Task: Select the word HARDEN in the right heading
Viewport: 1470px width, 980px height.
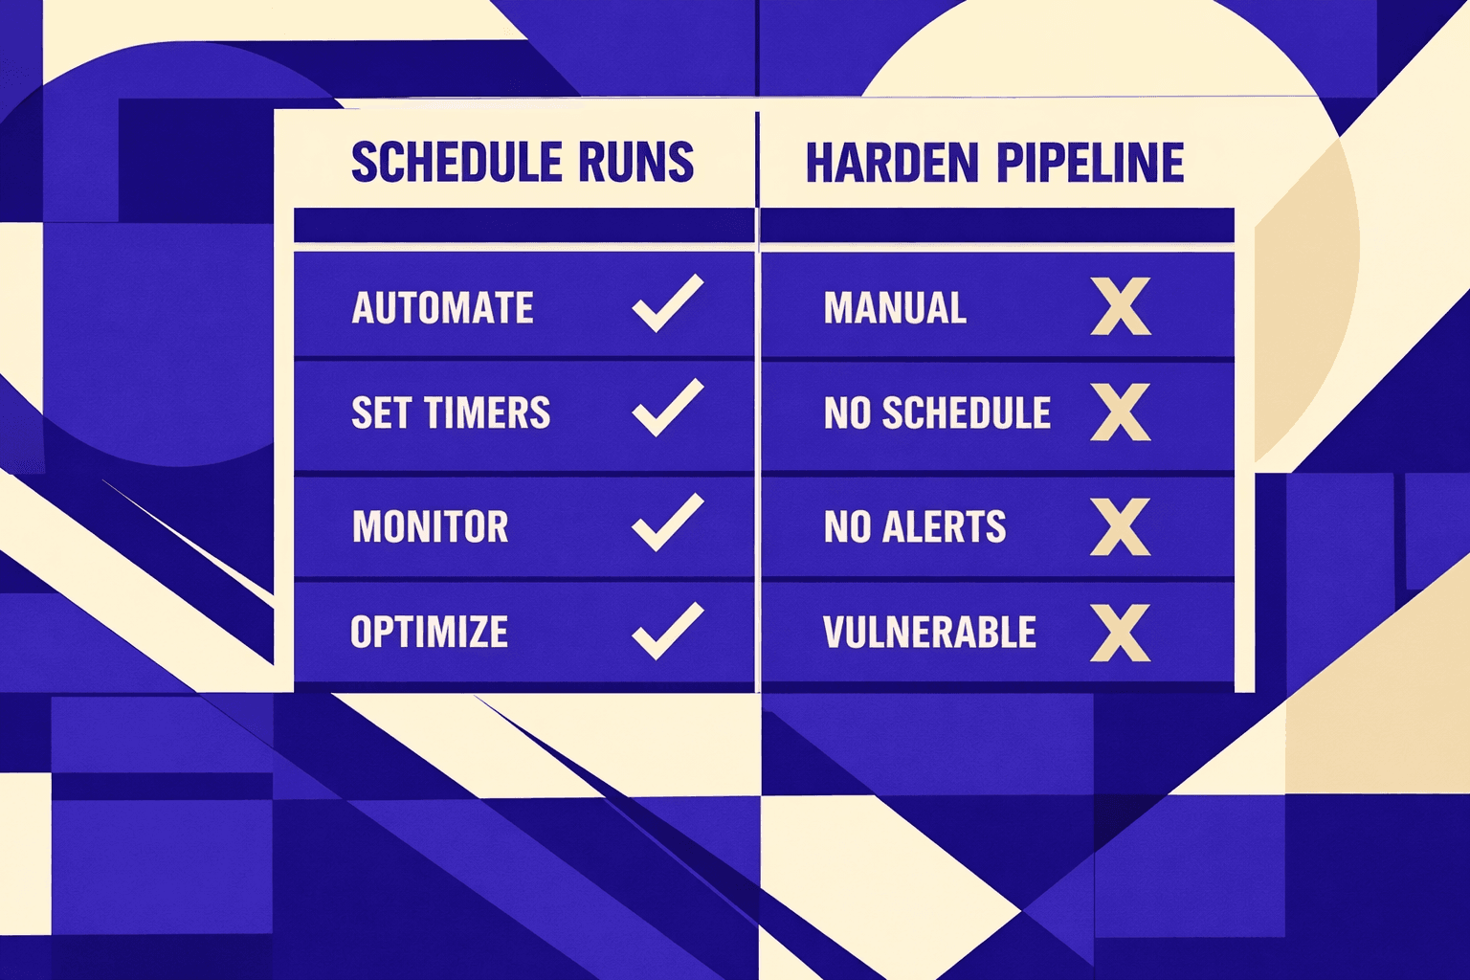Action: pos(892,163)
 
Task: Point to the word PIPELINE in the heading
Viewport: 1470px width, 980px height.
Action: pos(1090,163)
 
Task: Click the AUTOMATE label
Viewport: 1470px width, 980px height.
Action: pos(442,308)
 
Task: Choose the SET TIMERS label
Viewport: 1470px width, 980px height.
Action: pos(451,413)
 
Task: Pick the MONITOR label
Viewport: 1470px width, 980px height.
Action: pos(430,527)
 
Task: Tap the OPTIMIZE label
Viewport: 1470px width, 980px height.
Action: pos(429,633)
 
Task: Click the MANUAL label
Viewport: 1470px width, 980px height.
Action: pos(895,308)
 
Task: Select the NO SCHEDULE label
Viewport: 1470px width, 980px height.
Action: pos(937,413)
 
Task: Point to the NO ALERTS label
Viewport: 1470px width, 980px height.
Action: pos(914,527)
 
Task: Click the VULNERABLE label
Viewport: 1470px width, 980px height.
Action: pos(929,633)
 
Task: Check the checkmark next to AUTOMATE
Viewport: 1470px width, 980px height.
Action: pos(667,304)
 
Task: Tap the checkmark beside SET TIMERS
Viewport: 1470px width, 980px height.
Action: pos(667,409)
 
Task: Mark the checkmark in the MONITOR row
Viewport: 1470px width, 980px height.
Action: pos(667,523)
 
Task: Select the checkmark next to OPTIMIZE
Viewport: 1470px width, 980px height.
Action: pos(667,632)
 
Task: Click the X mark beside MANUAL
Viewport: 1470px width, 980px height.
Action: pos(1121,307)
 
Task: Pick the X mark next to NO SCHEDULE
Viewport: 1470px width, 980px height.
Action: pos(1121,412)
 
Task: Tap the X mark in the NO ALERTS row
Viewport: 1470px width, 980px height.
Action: pos(1121,527)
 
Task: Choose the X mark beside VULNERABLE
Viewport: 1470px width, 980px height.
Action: pos(1121,633)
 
